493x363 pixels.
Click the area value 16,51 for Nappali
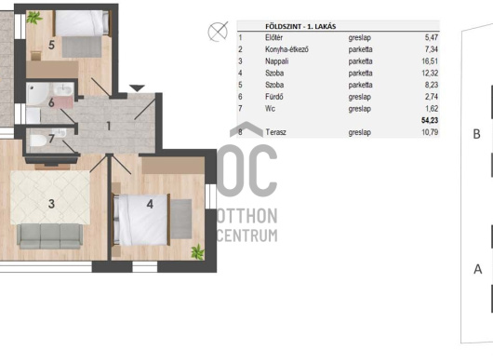point(430,61)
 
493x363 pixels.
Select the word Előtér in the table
point(273,37)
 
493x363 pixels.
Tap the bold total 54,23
point(430,120)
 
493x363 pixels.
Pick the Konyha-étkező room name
point(286,49)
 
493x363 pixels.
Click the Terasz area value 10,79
point(430,132)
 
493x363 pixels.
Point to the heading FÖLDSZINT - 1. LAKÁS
point(300,26)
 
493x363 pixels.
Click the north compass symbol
point(218,32)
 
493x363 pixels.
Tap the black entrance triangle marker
point(137,88)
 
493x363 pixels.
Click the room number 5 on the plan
point(51,46)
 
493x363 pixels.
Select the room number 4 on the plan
point(150,204)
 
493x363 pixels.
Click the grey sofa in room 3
point(49,236)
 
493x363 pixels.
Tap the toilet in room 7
point(38,141)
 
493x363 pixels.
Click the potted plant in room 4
point(198,252)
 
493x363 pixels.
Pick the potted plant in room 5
point(34,18)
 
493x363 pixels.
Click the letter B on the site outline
point(476,134)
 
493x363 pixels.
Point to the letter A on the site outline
point(478,269)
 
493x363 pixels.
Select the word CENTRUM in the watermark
point(247,235)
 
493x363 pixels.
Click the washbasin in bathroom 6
point(63,89)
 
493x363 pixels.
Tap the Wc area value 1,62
point(432,109)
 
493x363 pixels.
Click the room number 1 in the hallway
point(109,127)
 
